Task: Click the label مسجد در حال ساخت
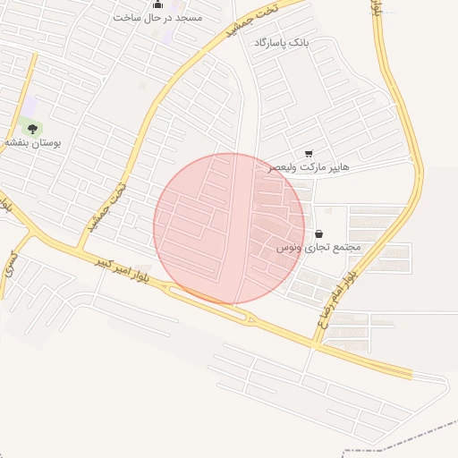click(157, 17)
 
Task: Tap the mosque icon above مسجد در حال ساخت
click(158, 4)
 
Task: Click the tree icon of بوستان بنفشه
click(33, 129)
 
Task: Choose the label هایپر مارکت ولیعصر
click(309, 166)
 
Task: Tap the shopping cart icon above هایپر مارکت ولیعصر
click(310, 153)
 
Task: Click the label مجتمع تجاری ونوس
click(318, 247)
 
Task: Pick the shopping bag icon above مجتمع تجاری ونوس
click(319, 233)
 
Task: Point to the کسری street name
click(12, 261)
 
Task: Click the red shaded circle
click(229, 229)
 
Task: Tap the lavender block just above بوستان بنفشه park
click(30, 106)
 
